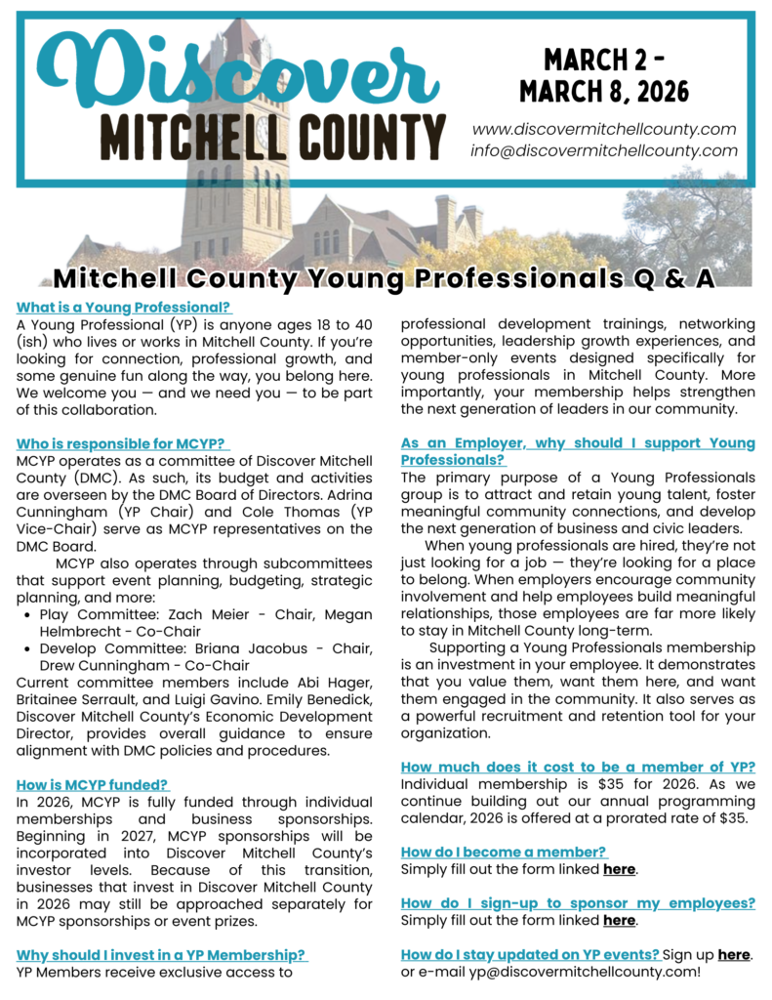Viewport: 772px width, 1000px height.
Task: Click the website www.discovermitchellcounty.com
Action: (603, 129)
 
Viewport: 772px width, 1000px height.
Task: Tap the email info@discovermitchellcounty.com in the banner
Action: (603, 150)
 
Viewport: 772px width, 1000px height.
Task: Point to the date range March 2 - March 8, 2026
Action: (603, 76)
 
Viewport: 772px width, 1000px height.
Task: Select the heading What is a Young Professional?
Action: (124, 307)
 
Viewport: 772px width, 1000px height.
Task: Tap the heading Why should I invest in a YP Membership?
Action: (162, 954)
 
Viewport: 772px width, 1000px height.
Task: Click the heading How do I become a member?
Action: (505, 852)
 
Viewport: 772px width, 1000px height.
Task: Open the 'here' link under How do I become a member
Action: (619, 868)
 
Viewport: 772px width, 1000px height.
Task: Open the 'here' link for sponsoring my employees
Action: (619, 920)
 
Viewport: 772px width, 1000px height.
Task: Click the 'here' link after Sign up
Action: (734, 954)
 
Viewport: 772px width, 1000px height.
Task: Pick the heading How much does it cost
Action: (578, 767)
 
